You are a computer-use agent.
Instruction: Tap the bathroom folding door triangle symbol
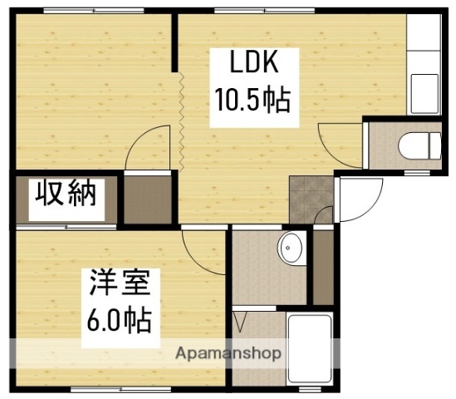[x=243, y=321]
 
